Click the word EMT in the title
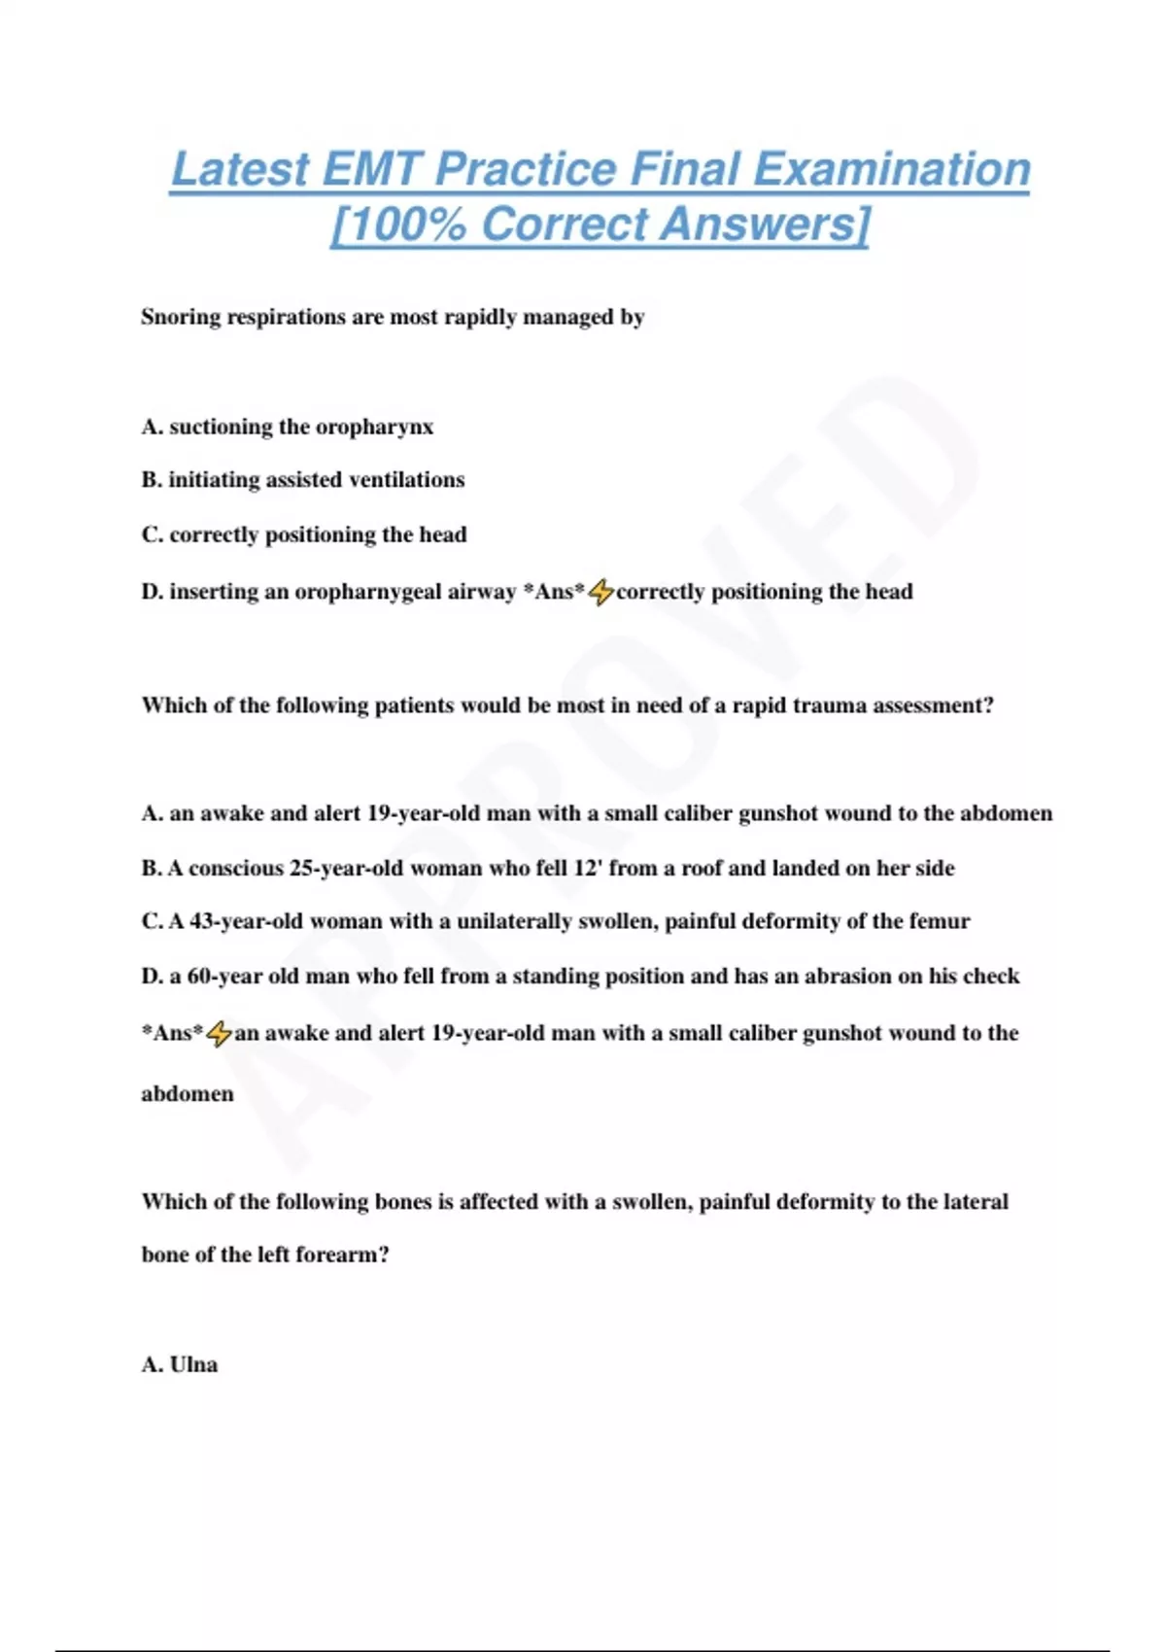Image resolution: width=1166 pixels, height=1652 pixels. tap(370, 169)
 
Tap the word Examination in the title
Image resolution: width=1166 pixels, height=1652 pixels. tap(892, 169)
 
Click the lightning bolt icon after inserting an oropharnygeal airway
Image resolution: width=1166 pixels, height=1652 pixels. tap(601, 591)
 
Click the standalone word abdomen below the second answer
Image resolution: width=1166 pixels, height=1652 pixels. tap(188, 1094)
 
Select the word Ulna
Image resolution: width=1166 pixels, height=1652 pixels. tap(193, 1364)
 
